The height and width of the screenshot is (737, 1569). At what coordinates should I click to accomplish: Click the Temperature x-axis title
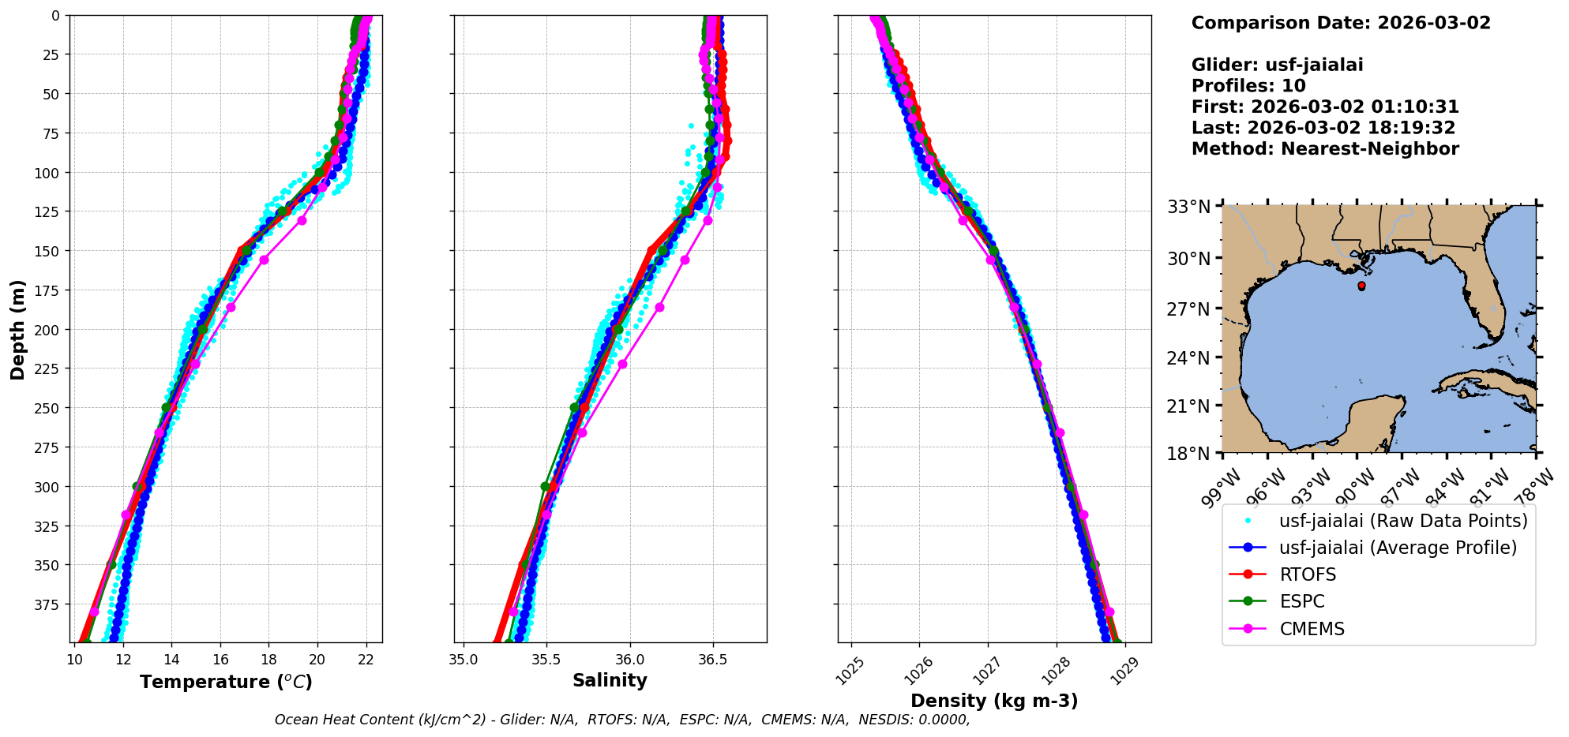coord(226,682)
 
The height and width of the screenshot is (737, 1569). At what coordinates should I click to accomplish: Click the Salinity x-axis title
coord(610,680)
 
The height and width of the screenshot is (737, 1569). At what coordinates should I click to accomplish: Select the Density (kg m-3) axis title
coord(994,701)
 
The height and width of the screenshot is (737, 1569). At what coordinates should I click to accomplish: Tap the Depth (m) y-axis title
coord(18,329)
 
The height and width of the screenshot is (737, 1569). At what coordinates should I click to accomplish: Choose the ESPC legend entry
coord(1302,601)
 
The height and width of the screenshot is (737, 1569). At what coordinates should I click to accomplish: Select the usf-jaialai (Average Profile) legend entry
coord(1398,548)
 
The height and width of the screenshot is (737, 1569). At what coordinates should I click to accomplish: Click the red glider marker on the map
coord(1361,286)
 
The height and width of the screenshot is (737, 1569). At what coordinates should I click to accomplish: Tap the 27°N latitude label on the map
coord(1189,309)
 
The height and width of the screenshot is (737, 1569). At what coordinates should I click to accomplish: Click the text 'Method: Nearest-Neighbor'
coord(1324,149)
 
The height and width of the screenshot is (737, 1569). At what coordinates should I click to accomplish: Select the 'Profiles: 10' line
coord(1248,86)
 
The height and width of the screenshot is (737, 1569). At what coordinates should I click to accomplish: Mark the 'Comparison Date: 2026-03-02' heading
coord(1340,23)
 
